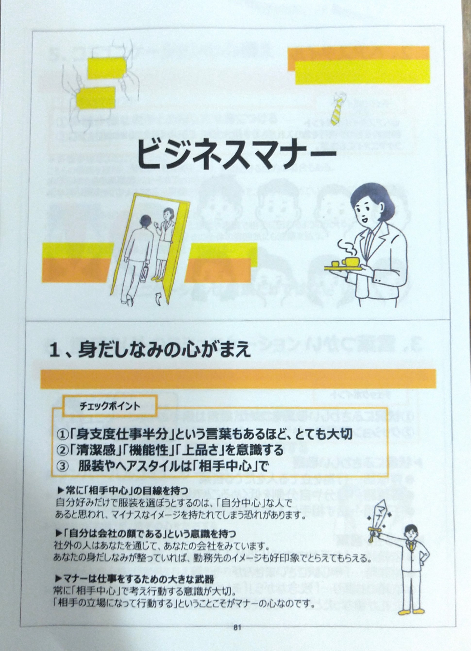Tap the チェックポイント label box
click(110, 406)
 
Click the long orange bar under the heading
click(238, 379)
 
